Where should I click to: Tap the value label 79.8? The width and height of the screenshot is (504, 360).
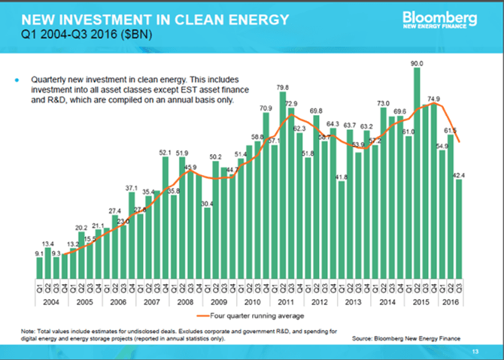(283, 87)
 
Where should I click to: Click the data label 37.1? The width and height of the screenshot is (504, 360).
(132, 188)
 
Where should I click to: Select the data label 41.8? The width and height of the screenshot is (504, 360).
(342, 177)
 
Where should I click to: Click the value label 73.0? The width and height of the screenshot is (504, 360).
(383, 103)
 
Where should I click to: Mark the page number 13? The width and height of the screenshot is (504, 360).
(475, 352)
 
